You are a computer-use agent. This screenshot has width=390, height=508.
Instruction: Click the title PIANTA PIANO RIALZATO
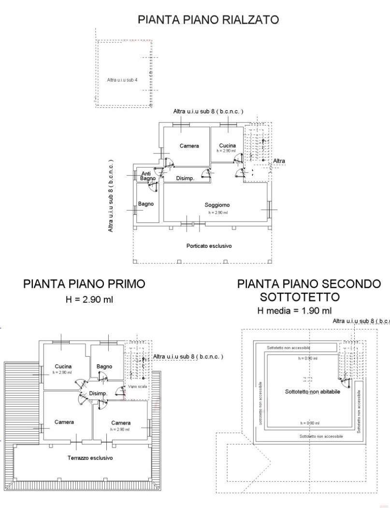pyautogui.click(x=208, y=20)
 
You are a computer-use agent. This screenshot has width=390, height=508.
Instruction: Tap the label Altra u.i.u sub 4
pyautogui.click(x=122, y=80)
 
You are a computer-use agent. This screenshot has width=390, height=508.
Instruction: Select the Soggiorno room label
pyautogui.click(x=217, y=205)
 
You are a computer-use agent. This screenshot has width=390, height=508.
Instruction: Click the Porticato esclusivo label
pyautogui.click(x=209, y=246)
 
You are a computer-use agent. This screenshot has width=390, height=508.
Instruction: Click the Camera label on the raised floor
pyautogui.click(x=189, y=146)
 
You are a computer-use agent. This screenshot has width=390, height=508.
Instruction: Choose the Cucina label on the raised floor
pyautogui.click(x=227, y=146)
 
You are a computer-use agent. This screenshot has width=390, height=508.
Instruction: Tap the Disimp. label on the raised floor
pyautogui.click(x=185, y=179)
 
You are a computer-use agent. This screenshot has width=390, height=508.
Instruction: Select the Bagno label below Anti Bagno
pyautogui.click(x=146, y=204)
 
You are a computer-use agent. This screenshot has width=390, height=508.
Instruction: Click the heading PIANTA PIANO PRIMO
pyautogui.click(x=84, y=284)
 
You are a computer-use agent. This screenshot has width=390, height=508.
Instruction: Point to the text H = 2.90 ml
pyautogui.click(x=89, y=299)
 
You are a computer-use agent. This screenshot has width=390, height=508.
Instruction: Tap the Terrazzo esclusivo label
pyautogui.click(x=90, y=457)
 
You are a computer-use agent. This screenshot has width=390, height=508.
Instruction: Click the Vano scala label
pyautogui.click(x=138, y=387)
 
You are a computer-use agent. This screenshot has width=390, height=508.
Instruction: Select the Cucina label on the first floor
pyautogui.click(x=63, y=366)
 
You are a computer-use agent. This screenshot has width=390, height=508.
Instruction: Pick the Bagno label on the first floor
pyautogui.click(x=104, y=366)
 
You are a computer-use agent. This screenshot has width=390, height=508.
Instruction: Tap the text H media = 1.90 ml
pyautogui.click(x=294, y=311)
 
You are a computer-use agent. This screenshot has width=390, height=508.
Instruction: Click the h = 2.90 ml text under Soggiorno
pyautogui.click(x=217, y=212)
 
